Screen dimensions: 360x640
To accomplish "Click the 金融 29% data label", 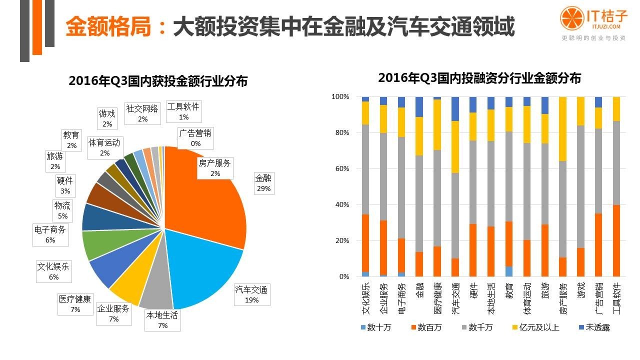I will pos(263,183).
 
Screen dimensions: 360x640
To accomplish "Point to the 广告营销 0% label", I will pos(195,138).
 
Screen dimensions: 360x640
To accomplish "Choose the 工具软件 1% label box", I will pos(183,111).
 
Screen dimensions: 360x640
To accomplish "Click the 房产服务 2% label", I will pos(215,167).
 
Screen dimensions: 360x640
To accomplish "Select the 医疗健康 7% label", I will pos(75,303).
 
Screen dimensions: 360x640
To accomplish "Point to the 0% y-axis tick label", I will pos(343,277).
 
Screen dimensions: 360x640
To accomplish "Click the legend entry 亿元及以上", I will pos(535,328).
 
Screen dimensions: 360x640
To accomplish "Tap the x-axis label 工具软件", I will pos(616,298).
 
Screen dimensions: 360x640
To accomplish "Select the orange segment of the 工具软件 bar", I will pos(616,240).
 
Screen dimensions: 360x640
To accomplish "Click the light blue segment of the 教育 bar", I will pos(508,271).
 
